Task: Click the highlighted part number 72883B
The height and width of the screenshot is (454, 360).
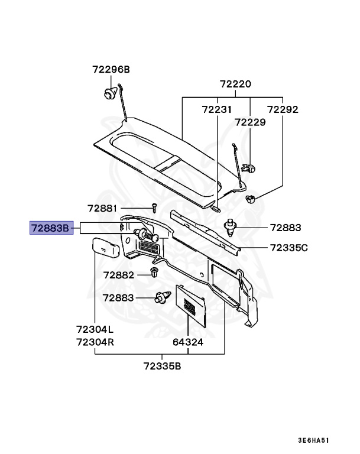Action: tap(51, 227)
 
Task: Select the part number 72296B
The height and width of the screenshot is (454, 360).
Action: tap(111, 70)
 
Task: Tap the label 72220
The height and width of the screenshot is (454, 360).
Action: tap(235, 84)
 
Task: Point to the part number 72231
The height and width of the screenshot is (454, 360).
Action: tap(216, 109)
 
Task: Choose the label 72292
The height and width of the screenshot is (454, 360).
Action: tap(282, 109)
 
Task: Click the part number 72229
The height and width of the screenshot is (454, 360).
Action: tap(249, 122)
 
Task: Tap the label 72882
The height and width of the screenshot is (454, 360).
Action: tap(119, 275)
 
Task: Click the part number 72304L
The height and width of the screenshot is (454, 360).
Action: tap(95, 329)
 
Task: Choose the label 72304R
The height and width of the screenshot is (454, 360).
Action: tap(95, 342)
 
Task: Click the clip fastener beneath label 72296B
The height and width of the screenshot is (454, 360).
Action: tap(109, 93)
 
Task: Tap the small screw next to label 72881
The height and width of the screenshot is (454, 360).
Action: tap(153, 207)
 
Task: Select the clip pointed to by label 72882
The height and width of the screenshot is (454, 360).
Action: tap(155, 273)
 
